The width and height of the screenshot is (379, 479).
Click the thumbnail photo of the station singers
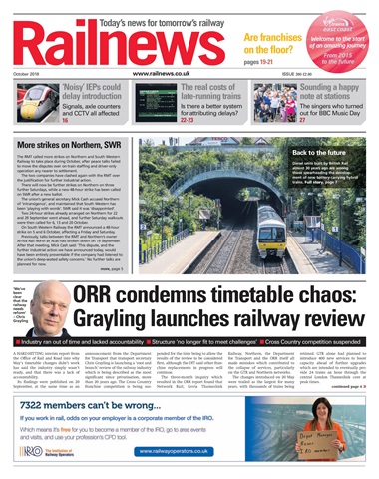[277, 106]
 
